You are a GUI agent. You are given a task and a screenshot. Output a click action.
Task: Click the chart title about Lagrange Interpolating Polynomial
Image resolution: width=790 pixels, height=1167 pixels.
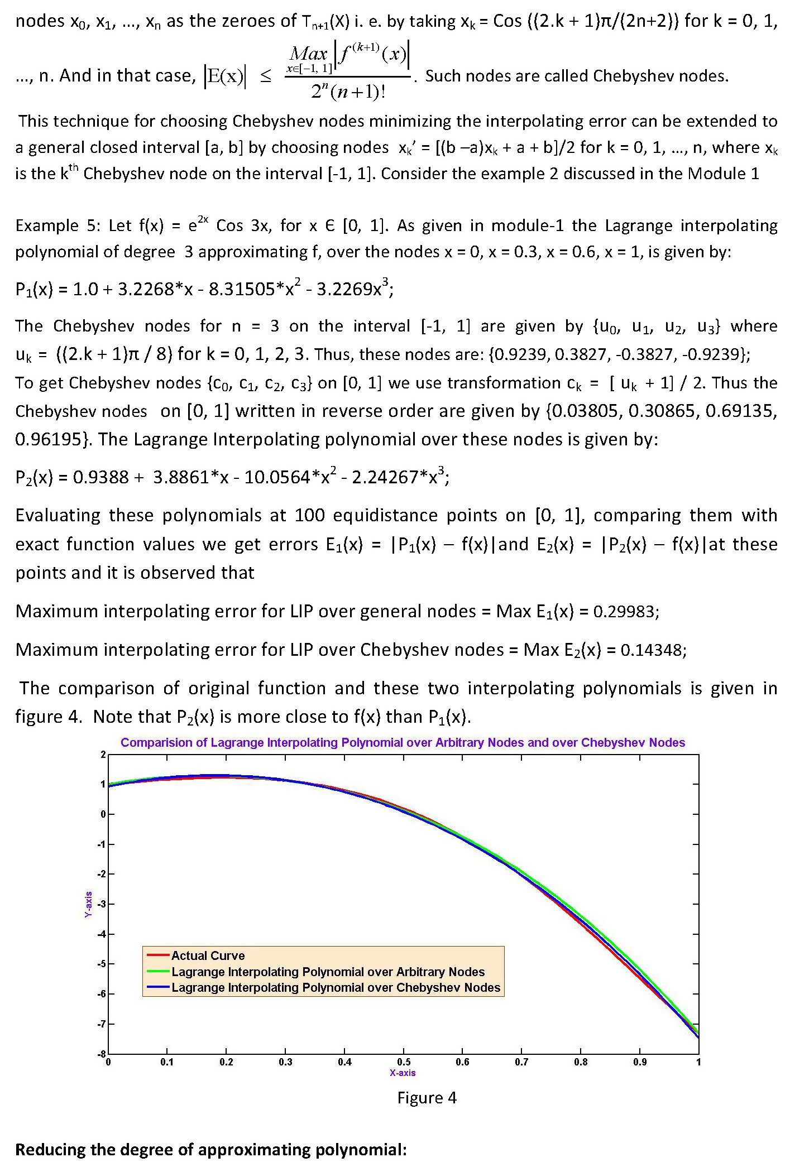point(403,742)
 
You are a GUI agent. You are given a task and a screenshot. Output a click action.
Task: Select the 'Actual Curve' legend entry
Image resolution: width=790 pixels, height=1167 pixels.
point(208,955)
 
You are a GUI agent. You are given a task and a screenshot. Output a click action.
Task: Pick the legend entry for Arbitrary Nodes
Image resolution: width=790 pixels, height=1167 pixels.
point(328,972)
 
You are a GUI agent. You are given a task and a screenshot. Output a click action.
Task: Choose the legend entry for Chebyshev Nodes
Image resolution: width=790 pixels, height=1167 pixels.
point(336,987)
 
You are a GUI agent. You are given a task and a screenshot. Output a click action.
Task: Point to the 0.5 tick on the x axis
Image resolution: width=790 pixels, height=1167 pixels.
point(404,1062)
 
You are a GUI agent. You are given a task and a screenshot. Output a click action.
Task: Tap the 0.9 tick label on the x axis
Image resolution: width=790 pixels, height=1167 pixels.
point(640,1062)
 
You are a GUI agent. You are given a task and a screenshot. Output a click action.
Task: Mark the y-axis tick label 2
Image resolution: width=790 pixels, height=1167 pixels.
point(103,755)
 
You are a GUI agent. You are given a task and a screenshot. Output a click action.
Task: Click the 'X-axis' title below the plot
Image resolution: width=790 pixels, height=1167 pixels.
point(403,1072)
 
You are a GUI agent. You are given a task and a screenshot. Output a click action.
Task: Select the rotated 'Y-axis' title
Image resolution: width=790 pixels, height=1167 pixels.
point(88,904)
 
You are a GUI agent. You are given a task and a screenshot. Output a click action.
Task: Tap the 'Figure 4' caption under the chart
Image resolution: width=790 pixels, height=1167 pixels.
point(427,1098)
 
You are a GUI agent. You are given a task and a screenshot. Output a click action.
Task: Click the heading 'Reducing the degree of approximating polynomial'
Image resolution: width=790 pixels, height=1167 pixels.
point(211,1150)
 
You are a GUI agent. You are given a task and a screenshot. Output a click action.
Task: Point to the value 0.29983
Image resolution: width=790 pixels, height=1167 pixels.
point(625,612)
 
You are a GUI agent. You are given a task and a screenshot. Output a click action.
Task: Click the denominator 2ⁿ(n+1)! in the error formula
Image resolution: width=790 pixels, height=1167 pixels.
point(348,91)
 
